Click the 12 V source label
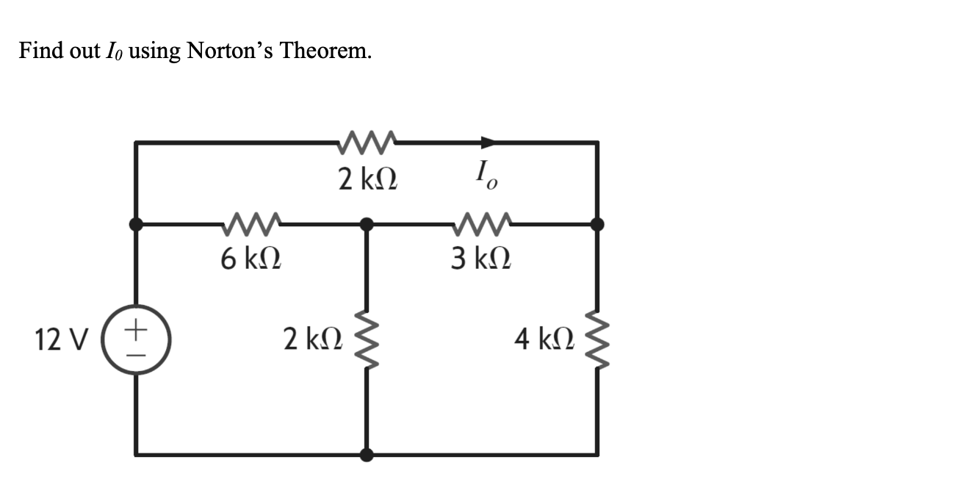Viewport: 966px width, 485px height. click(61, 339)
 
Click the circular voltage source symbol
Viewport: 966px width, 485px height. click(135, 339)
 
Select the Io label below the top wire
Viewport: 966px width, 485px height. click(486, 177)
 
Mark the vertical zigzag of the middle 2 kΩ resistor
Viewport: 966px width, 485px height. click(367, 339)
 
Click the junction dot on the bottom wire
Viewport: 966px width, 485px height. click(367, 455)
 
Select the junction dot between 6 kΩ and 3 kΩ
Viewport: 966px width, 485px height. click(367, 223)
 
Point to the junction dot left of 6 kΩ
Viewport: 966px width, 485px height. click(136, 223)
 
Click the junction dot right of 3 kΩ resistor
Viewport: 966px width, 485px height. click(597, 223)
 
